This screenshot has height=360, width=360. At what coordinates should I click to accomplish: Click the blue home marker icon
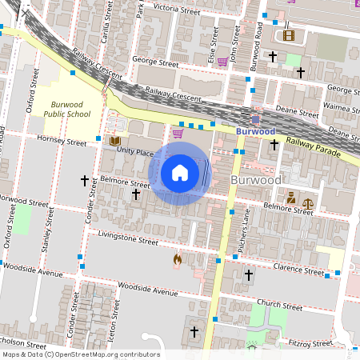click(180, 172)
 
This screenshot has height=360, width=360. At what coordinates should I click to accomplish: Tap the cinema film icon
click(288, 35)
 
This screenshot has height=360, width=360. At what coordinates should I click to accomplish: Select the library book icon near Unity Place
click(114, 142)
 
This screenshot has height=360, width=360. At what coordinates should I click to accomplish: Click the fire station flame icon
click(177, 260)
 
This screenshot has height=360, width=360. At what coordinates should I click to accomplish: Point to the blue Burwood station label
click(256, 130)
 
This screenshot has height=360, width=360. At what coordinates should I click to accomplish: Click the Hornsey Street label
click(62, 141)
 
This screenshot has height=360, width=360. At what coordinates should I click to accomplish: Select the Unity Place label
click(134, 150)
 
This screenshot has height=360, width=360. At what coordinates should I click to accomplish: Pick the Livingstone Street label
click(128, 238)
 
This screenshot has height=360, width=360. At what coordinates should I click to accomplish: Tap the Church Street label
click(279, 306)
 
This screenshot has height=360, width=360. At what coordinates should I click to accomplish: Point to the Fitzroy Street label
click(310, 343)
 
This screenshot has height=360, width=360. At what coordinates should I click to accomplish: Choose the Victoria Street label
click(176, 10)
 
